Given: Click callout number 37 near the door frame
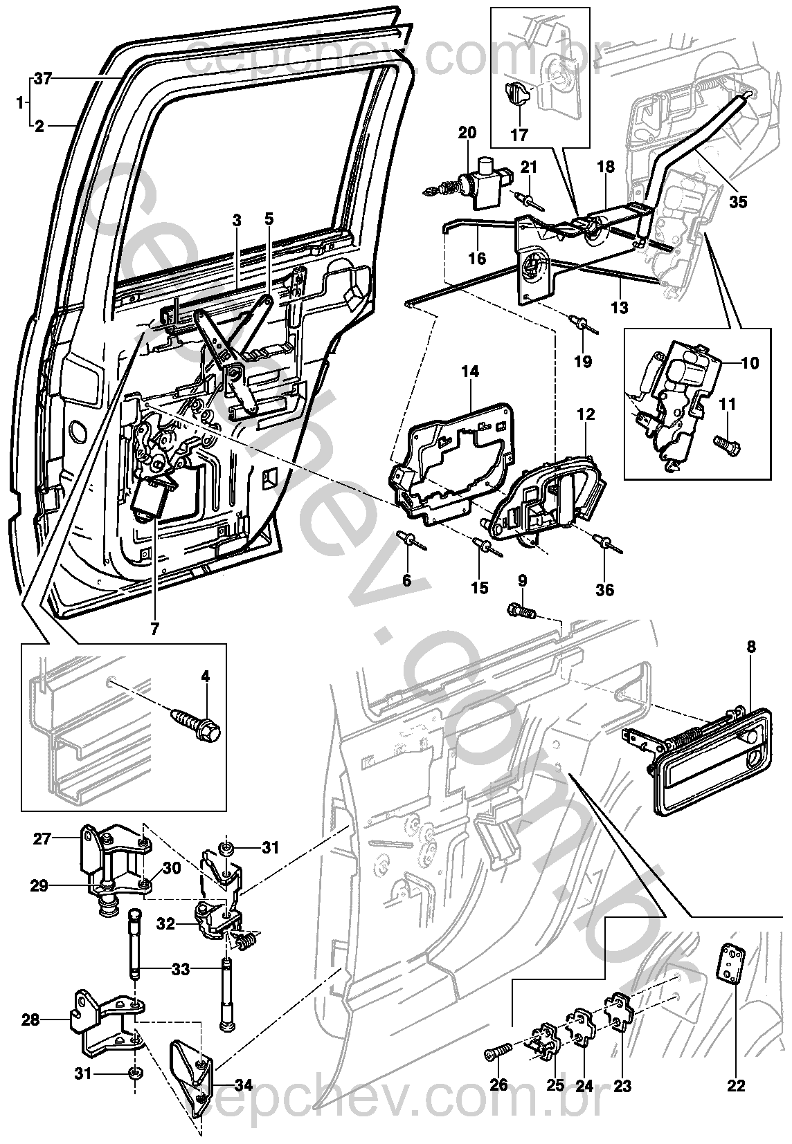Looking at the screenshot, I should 43,79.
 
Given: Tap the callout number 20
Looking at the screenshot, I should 467,133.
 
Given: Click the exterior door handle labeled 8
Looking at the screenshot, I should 706,759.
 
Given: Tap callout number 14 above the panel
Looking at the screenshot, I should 470,371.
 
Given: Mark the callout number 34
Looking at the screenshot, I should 243,1085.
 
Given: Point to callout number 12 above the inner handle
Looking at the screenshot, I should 586,415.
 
